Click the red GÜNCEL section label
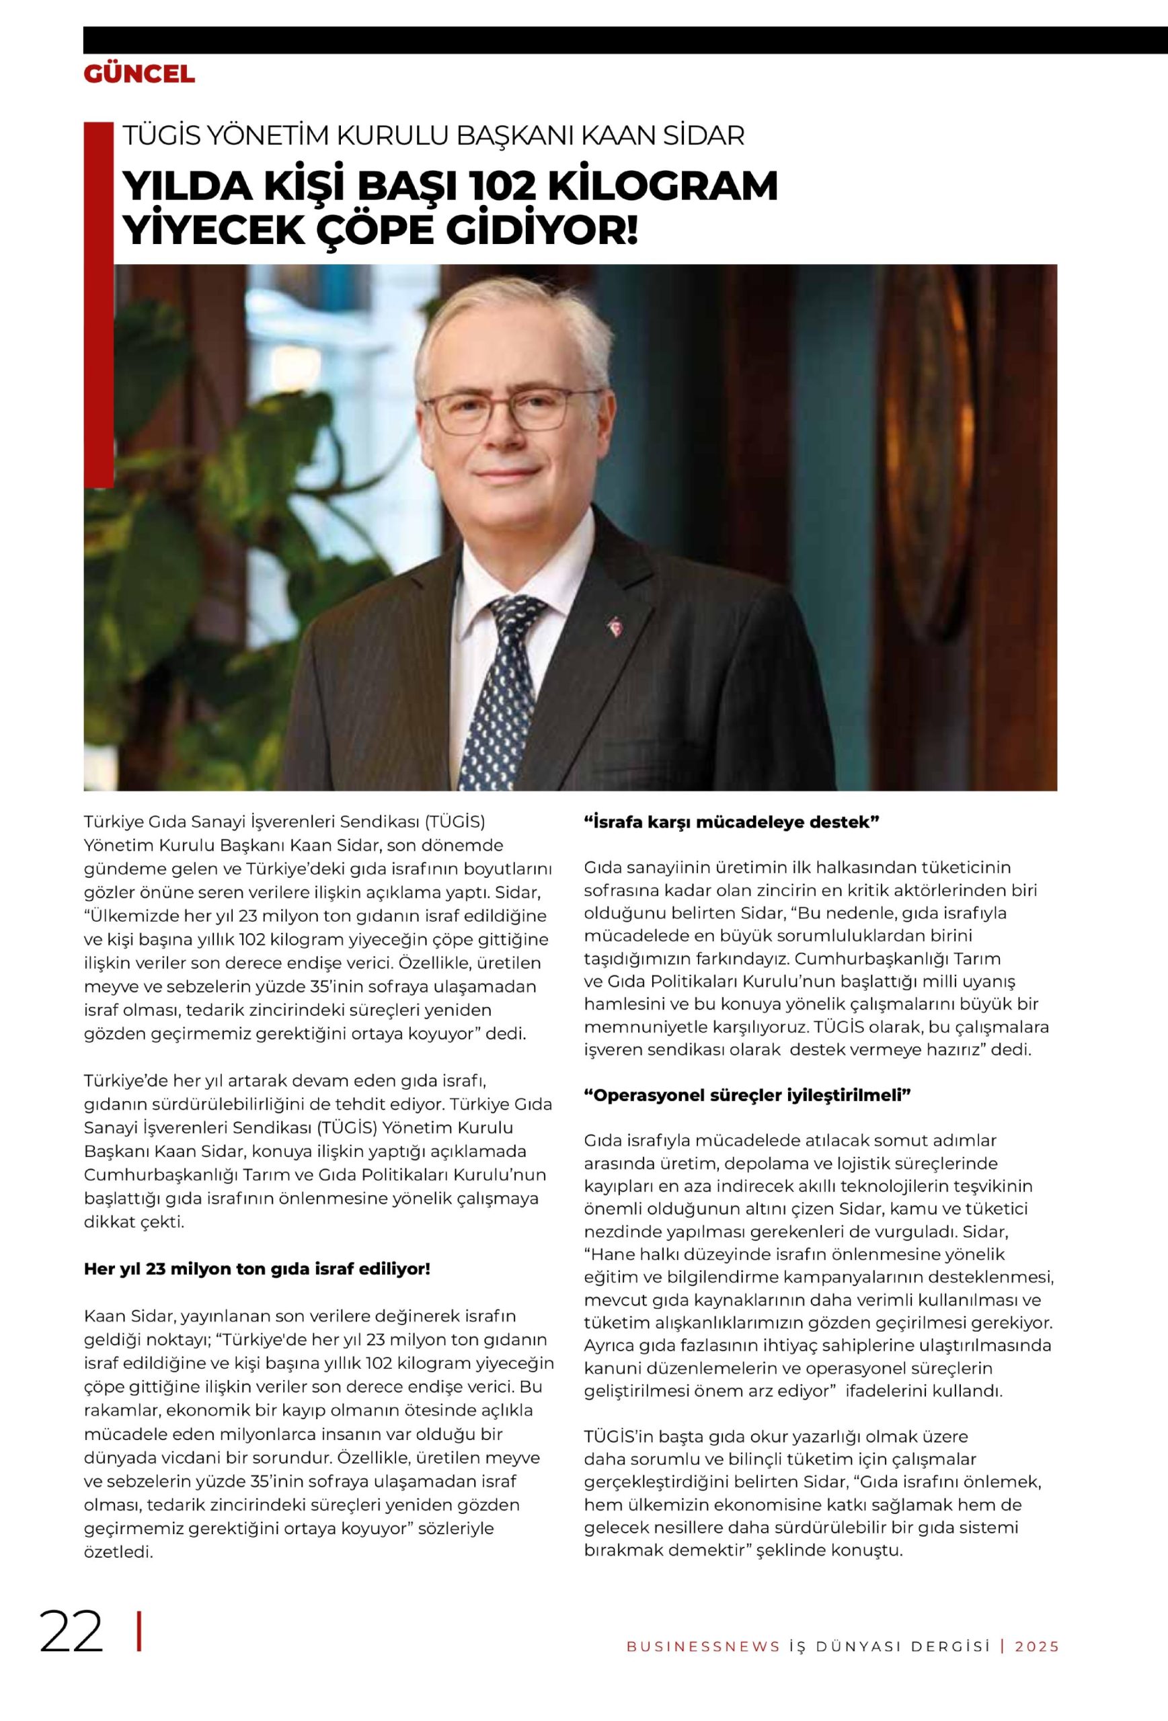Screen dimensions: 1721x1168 pyautogui.click(x=139, y=74)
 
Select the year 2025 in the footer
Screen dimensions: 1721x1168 pyautogui.click(x=1037, y=1662)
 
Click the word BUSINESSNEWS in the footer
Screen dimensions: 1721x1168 pyautogui.click(x=703, y=1662)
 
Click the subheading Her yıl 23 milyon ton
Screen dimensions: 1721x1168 pyautogui.click(x=257, y=1269)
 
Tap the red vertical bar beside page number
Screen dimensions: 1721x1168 pyautogui.click(x=139, y=1652)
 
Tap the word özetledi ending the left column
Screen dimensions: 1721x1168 pyautogui.click(x=118, y=1552)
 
